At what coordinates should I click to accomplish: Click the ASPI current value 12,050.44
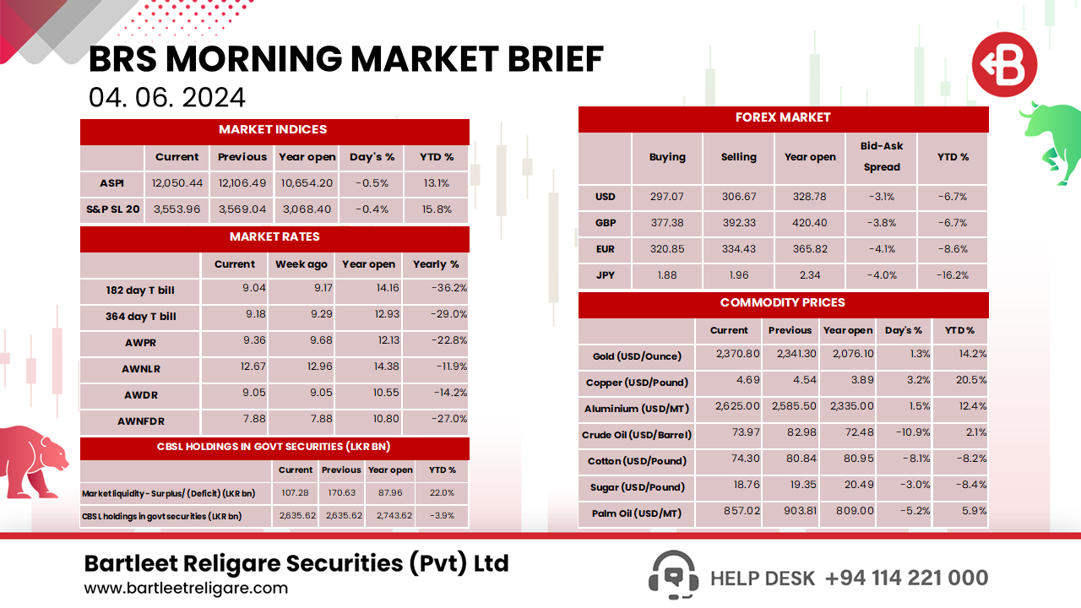(x=177, y=183)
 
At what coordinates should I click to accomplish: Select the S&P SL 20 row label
(x=112, y=209)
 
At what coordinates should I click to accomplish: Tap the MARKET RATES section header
(x=274, y=237)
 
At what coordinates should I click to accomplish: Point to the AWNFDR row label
(x=140, y=420)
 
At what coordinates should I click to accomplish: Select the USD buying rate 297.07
(x=666, y=197)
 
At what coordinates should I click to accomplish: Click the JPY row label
(x=605, y=275)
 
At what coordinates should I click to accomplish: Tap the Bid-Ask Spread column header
(x=882, y=157)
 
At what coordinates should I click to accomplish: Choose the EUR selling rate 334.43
(x=738, y=249)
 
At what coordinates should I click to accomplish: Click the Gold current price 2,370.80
(x=730, y=355)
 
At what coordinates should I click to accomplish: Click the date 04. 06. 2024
(x=167, y=97)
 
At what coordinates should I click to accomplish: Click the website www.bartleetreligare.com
(x=186, y=588)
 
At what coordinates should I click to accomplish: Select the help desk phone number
(x=906, y=578)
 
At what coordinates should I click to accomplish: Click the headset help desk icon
(x=672, y=576)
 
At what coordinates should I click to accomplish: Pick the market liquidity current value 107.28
(x=296, y=493)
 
